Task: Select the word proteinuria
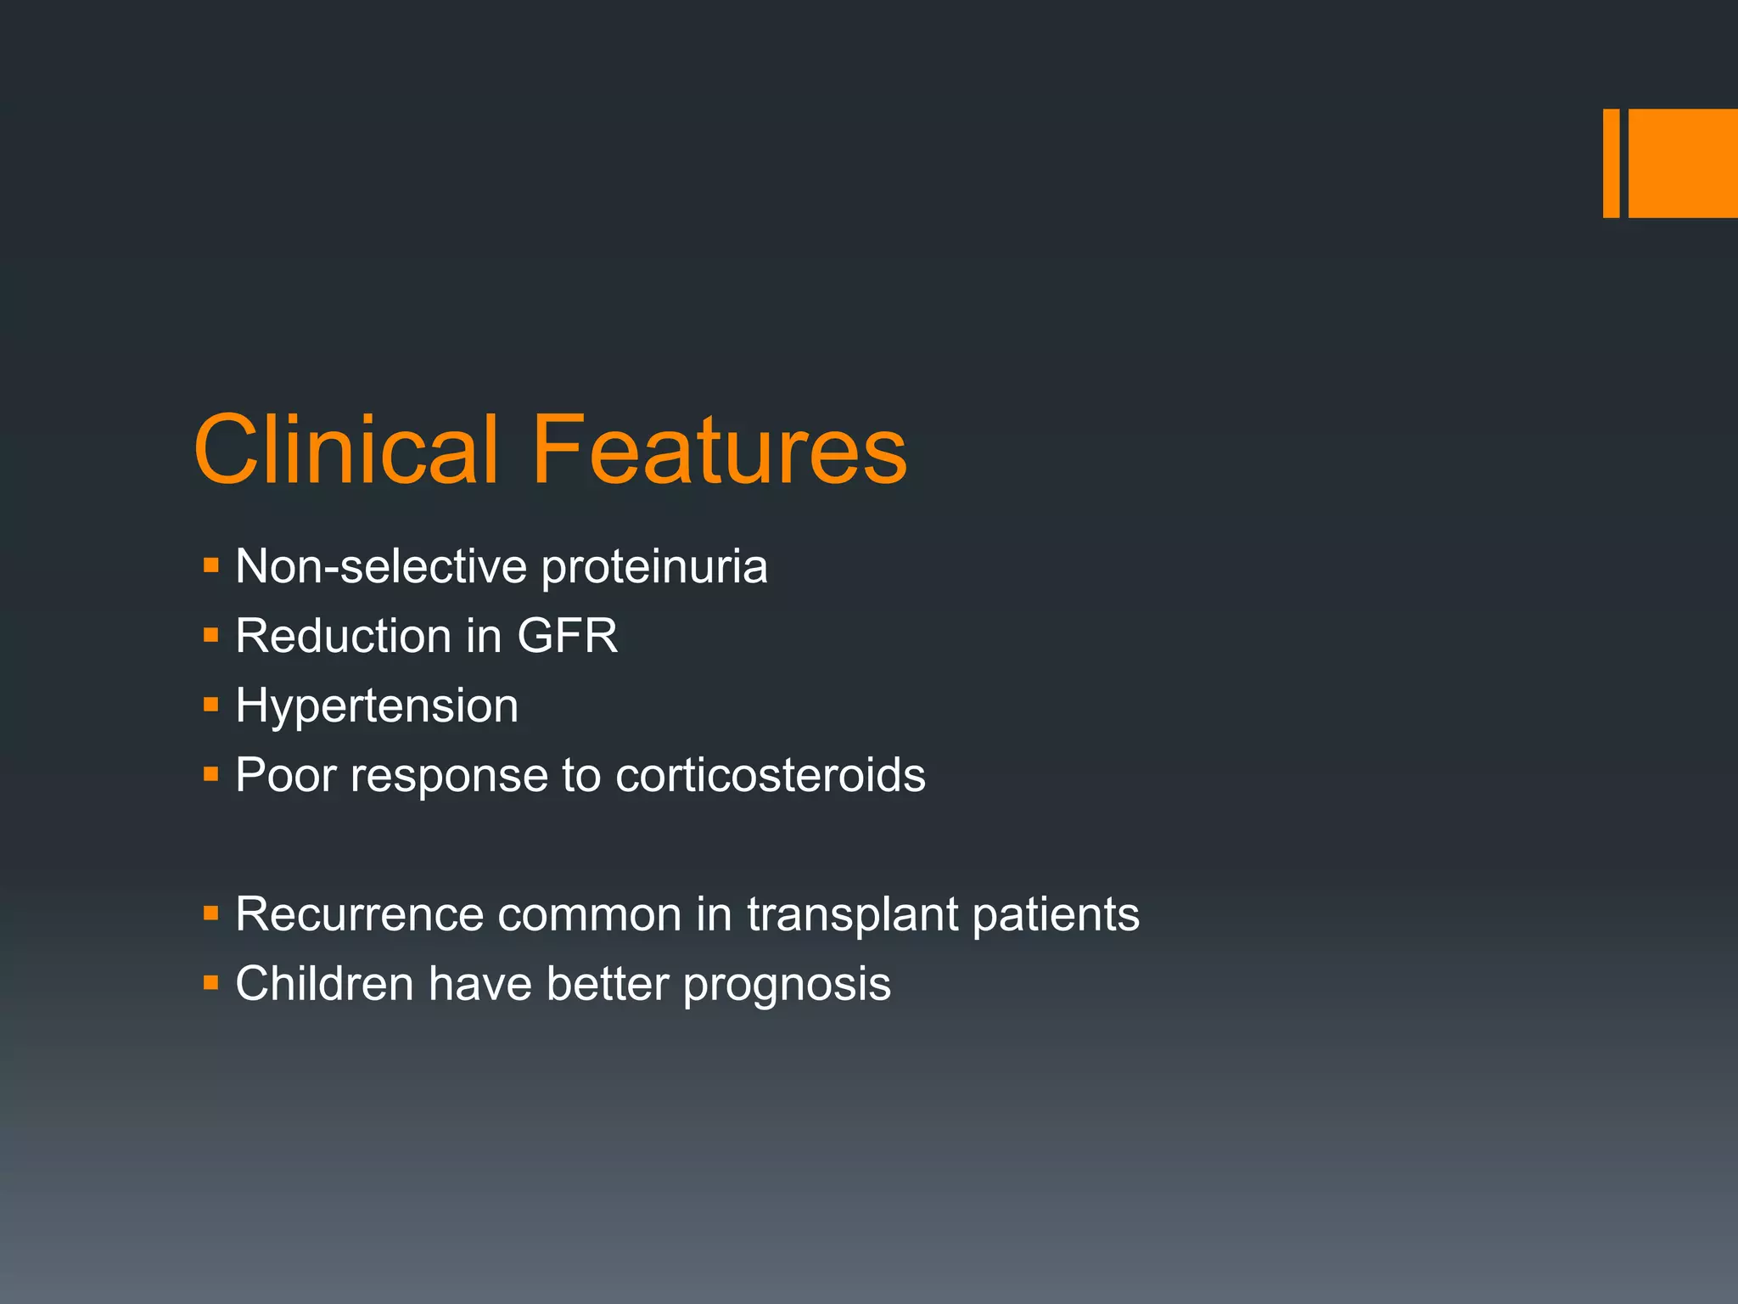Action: tap(654, 567)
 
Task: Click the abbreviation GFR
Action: tap(567, 636)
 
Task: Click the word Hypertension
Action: tap(377, 706)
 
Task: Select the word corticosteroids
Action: tap(770, 775)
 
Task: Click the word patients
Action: tap(1055, 914)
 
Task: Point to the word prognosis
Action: tap(787, 986)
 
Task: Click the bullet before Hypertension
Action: tap(211, 704)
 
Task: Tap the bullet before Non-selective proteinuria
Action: tap(211, 565)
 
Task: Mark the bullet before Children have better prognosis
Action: tap(211, 982)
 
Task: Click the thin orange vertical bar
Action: tap(1611, 163)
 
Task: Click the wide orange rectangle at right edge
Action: tap(1683, 163)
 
